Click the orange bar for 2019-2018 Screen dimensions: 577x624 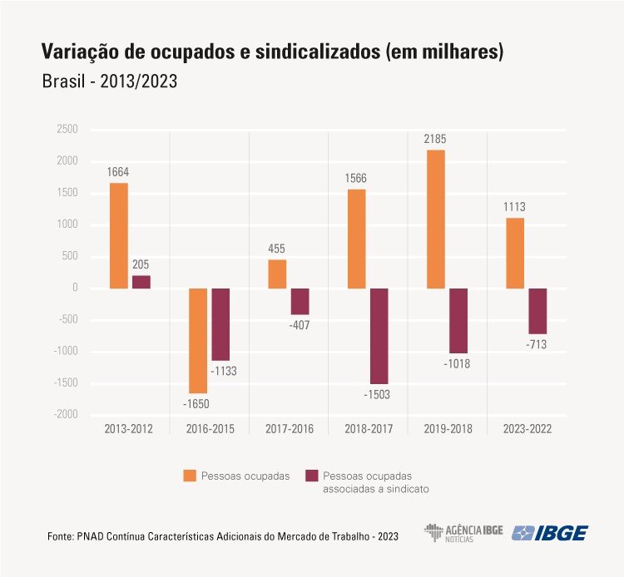(x=435, y=219)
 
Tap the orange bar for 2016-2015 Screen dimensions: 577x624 (x=198, y=340)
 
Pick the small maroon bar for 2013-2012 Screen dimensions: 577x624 (x=141, y=282)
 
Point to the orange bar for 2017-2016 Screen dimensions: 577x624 (x=277, y=274)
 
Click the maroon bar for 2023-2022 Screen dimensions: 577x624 (x=537, y=311)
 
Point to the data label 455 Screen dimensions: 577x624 (x=277, y=249)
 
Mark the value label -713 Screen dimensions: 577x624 (x=537, y=344)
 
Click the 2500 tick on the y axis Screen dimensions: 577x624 (x=67, y=130)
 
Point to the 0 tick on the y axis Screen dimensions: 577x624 (x=74, y=288)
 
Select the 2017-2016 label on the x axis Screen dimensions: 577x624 (x=290, y=430)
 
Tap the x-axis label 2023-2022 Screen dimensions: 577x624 (x=527, y=430)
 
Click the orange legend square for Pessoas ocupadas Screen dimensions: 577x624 (x=191, y=476)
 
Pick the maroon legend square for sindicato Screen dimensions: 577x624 (x=313, y=476)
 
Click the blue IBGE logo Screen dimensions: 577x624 (x=550, y=533)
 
